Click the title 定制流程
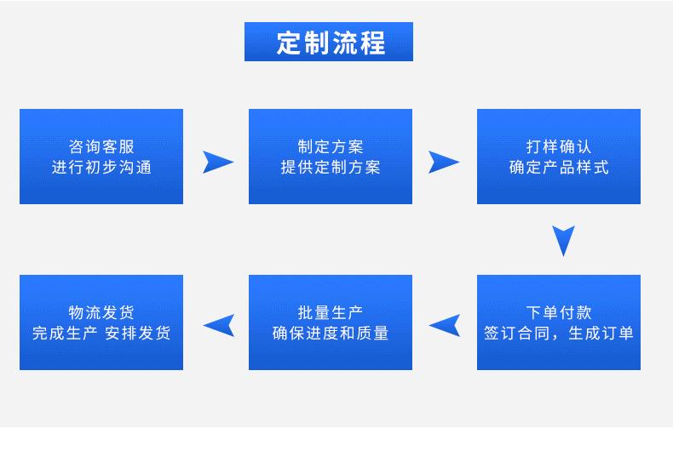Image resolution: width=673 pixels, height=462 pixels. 331,43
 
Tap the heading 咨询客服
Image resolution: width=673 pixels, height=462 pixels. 101,146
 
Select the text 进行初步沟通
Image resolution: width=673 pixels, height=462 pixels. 101,167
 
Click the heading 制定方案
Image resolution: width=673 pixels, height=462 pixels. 331,146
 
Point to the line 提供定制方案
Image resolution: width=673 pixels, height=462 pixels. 331,167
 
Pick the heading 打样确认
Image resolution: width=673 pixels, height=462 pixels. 559,146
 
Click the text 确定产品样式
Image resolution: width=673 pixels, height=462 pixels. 559,167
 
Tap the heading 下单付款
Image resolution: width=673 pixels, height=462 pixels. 559,312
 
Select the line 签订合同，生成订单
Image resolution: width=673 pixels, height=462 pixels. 559,333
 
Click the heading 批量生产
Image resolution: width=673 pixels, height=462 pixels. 331,312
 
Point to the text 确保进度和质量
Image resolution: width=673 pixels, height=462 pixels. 331,333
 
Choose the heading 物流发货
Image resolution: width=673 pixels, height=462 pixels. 101,312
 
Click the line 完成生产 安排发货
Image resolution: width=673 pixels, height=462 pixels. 101,333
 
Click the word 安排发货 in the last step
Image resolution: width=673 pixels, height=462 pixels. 138,333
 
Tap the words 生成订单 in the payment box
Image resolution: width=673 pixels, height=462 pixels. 601,333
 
